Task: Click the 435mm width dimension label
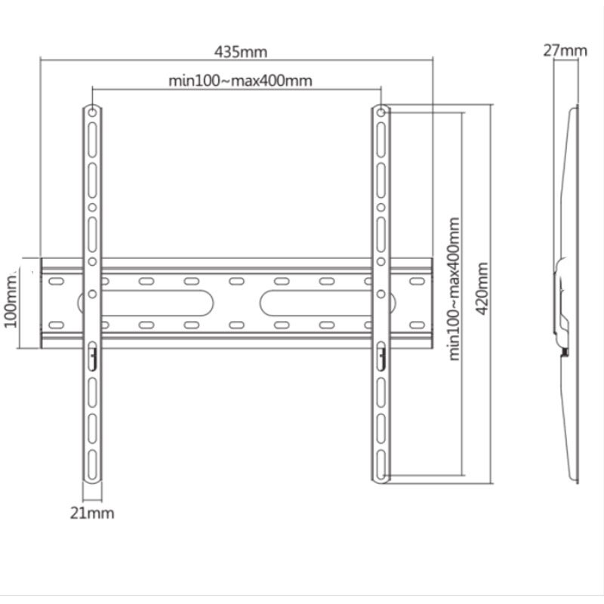pyautogui.click(x=240, y=52)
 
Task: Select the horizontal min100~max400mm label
pyautogui.click(x=240, y=81)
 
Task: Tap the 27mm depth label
pyautogui.click(x=565, y=51)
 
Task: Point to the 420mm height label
pyautogui.click(x=482, y=288)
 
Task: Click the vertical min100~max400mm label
pyautogui.click(x=455, y=289)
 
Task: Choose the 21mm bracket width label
pyautogui.click(x=92, y=513)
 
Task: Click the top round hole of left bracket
pyautogui.click(x=92, y=112)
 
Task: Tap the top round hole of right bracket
pyautogui.click(x=381, y=112)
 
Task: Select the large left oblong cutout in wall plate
pyautogui.click(x=146, y=304)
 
